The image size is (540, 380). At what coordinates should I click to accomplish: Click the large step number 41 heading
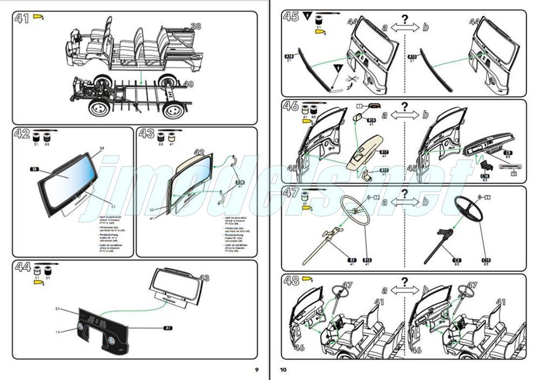(x=22, y=19)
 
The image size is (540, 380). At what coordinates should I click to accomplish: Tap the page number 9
(x=257, y=369)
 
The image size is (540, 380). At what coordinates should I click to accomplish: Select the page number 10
(x=283, y=369)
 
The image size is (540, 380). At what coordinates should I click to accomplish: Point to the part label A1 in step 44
(x=167, y=328)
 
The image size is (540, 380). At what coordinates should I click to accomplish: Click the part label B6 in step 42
(x=35, y=169)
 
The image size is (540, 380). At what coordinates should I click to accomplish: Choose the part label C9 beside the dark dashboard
(x=508, y=153)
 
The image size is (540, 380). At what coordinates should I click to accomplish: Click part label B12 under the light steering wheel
(x=367, y=260)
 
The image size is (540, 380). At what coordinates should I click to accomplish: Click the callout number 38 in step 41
(x=195, y=26)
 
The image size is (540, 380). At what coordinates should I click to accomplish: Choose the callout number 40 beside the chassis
(x=188, y=84)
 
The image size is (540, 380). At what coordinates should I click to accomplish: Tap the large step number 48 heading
(x=292, y=282)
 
